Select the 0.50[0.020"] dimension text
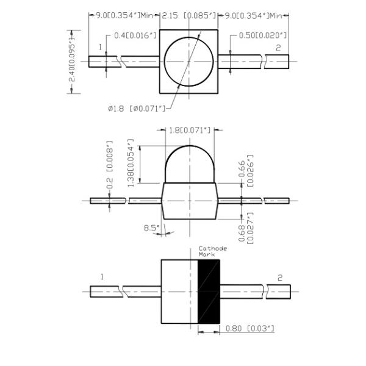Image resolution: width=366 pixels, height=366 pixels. pos(262,37)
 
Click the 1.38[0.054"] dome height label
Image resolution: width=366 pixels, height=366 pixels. pos(131,164)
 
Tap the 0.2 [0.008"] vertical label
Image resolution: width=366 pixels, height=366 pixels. pos(110,165)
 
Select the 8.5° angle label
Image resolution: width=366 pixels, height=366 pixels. pos(151,228)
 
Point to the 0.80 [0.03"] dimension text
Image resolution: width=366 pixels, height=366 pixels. pos(249,329)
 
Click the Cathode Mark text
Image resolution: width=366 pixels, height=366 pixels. pos(212,251)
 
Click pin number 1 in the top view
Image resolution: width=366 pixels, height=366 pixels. pos(101,47)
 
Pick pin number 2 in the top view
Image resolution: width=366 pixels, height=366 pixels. pos(279,47)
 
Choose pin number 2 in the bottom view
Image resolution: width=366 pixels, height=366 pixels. pos(280,278)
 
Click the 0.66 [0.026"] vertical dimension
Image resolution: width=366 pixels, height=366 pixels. pos(244,170)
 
